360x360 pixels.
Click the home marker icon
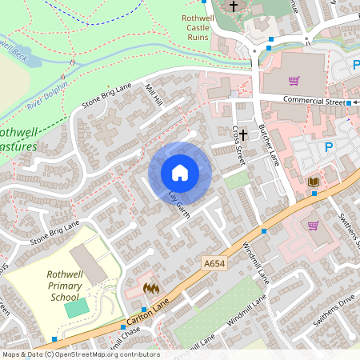[180, 173]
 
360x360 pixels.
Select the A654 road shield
[214, 263]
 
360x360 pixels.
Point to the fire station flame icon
[150, 288]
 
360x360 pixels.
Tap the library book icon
[314, 183]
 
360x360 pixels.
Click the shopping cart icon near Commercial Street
[294, 80]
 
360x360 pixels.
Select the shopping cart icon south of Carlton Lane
[313, 226]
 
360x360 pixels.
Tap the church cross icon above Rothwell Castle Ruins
[234, 6]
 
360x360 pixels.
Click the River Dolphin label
[47, 94]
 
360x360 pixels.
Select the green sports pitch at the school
[76, 307]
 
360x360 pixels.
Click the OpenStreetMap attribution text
[80, 354]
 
